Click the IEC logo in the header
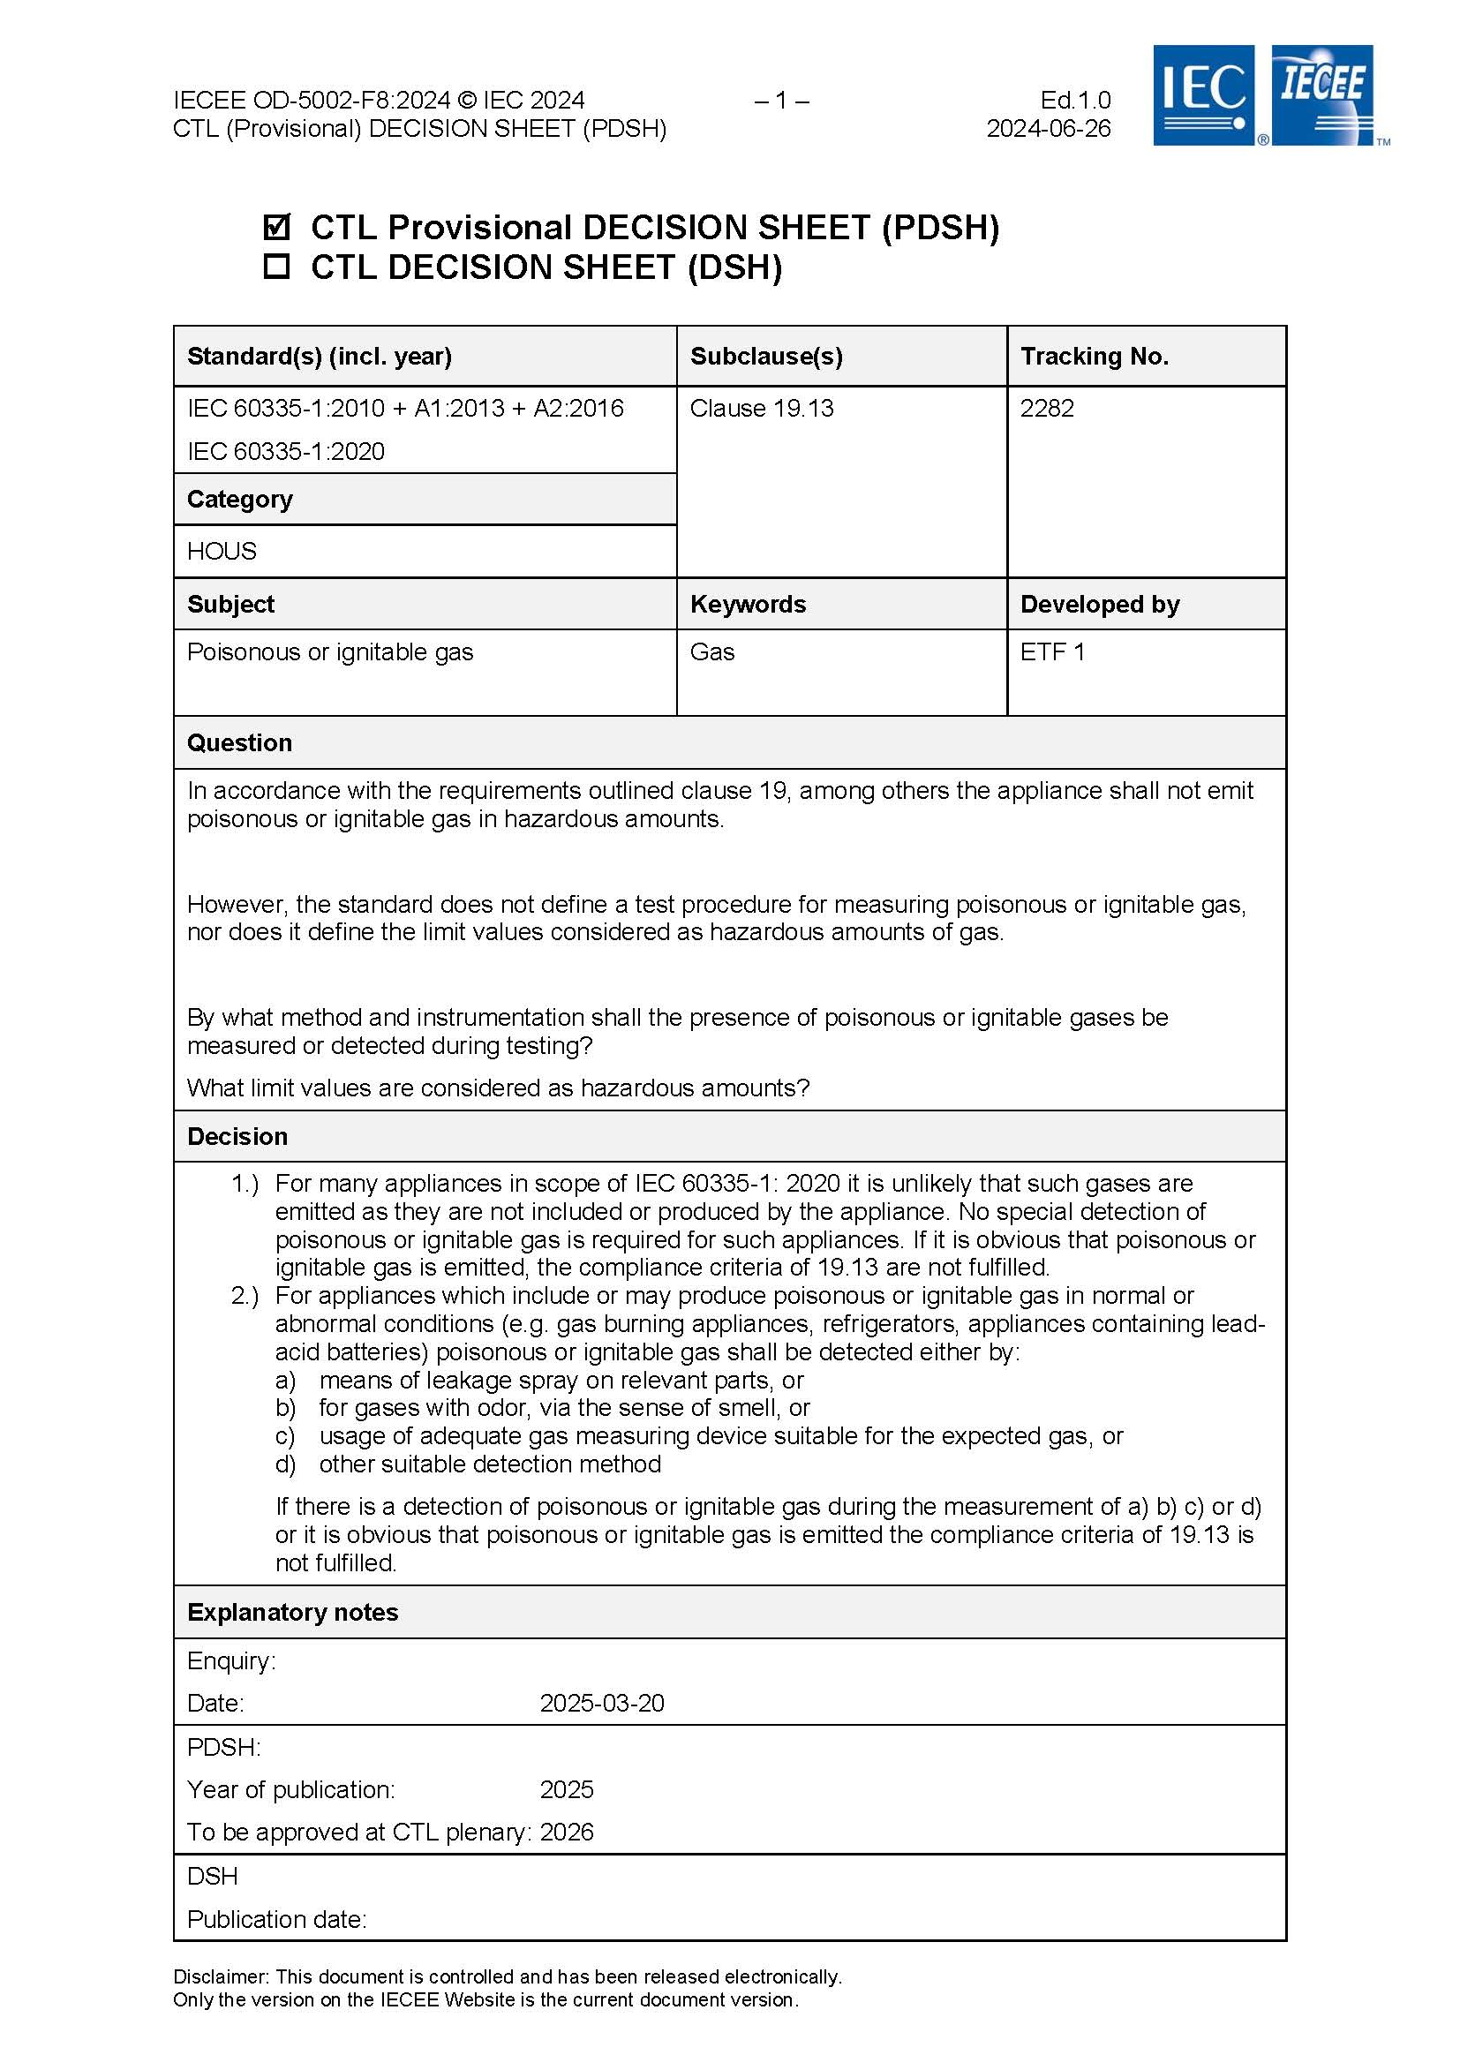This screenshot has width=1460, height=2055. [1203, 95]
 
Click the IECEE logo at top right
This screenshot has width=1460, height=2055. [1322, 94]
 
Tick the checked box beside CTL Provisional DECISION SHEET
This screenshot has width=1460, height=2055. [277, 227]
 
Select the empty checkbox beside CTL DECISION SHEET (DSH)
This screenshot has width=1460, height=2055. [277, 266]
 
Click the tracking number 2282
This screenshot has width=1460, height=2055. [1047, 409]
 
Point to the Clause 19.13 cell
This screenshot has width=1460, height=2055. [762, 409]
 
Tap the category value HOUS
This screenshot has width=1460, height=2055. [222, 551]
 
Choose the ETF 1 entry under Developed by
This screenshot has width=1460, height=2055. [1052, 652]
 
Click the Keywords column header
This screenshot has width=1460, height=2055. [748, 604]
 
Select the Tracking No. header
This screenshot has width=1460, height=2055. [1094, 357]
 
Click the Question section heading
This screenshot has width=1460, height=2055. [239, 742]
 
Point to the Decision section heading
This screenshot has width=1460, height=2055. [237, 1136]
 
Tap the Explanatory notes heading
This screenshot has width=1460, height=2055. [292, 1612]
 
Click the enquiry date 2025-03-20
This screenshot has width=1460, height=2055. [601, 1703]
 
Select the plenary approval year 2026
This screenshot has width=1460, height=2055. [567, 1832]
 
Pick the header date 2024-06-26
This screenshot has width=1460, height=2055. [1049, 129]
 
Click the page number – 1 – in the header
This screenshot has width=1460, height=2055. [781, 100]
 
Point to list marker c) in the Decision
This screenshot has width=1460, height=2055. [285, 1435]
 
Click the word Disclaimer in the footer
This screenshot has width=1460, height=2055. [221, 1976]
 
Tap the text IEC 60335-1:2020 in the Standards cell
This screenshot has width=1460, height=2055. [286, 451]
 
